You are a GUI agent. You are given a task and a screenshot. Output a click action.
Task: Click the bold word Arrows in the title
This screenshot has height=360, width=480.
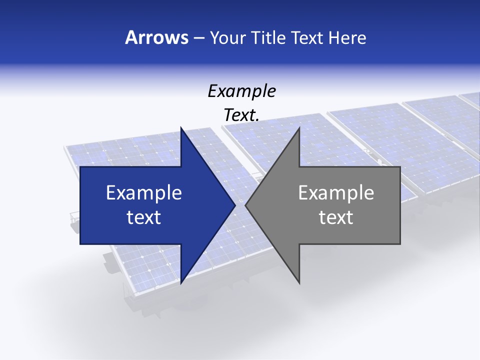tap(157, 37)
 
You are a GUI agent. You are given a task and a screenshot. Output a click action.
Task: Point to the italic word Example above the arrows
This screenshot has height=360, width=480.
tap(241, 91)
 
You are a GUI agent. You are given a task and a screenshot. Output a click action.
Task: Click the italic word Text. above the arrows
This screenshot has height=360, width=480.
tap(241, 115)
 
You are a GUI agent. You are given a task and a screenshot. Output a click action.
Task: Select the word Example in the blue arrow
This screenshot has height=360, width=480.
tap(144, 193)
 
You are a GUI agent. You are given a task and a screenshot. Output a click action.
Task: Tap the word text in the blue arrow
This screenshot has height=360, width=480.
tap(144, 217)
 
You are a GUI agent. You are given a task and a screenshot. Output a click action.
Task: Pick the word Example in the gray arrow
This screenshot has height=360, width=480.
tap(336, 193)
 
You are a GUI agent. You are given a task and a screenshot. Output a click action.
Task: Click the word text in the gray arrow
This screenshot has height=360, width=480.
tap(336, 217)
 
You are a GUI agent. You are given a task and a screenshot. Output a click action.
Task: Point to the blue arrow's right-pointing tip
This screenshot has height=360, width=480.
tap(234, 205)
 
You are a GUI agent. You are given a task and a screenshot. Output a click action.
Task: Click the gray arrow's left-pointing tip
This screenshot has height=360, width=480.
tap(246, 205)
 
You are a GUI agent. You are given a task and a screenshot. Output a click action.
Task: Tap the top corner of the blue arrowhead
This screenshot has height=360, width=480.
tap(181, 128)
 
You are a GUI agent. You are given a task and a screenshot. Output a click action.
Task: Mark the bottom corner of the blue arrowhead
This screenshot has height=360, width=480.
tap(181, 283)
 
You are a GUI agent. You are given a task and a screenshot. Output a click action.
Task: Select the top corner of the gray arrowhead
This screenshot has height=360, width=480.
tap(299, 128)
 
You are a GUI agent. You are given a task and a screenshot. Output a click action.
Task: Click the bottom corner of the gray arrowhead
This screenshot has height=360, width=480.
tap(299, 283)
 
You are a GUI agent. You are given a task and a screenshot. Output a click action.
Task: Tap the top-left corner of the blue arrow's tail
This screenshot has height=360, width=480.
tap(80, 167)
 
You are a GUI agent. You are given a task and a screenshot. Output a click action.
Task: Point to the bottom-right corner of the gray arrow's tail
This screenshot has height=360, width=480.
tap(400, 244)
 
